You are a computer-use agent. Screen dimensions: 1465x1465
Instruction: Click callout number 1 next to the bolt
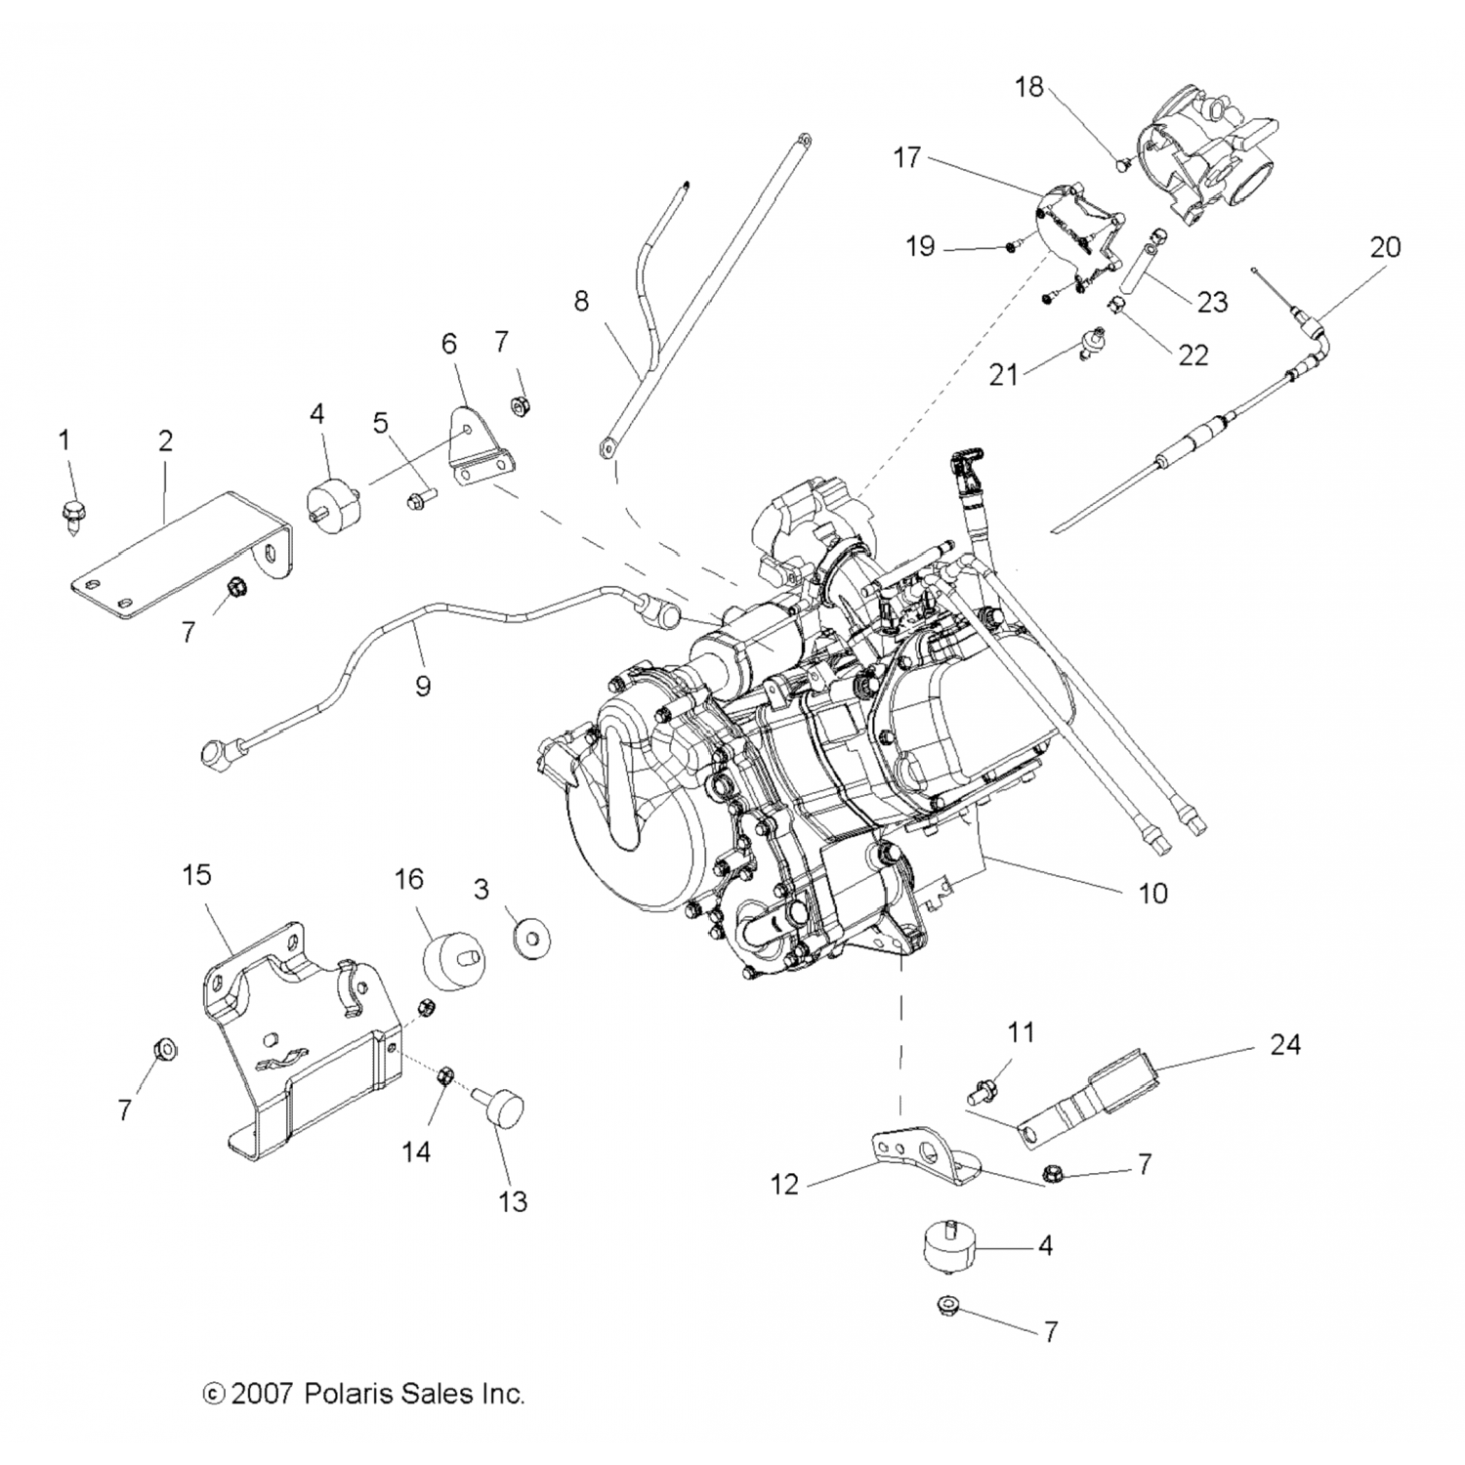(64, 440)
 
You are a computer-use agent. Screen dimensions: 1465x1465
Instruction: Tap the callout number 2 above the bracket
(165, 440)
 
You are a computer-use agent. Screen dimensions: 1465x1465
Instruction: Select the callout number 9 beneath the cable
(422, 687)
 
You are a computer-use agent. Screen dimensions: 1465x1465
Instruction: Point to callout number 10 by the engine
(1153, 892)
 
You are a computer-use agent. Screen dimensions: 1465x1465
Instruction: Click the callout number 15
(196, 874)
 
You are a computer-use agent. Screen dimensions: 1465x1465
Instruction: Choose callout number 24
(1285, 1044)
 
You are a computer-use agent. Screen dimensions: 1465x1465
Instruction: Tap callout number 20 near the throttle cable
(1385, 247)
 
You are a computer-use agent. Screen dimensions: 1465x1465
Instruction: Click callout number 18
(1028, 87)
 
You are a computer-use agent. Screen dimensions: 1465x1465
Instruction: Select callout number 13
(513, 1200)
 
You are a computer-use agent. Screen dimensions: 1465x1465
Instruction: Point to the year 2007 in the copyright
(261, 1393)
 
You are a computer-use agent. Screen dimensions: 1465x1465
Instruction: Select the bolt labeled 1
(72, 513)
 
